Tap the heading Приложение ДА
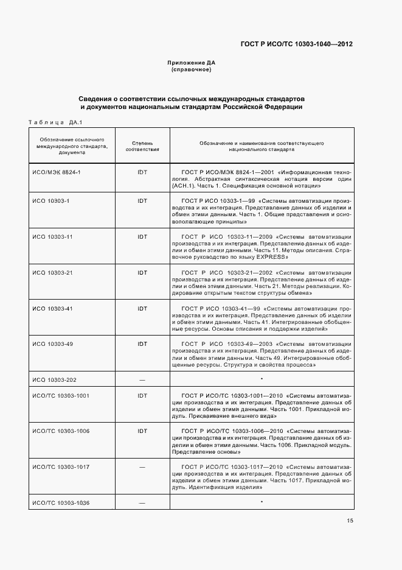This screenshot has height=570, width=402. point(192,63)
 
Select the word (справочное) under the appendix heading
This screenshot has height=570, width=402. point(192,70)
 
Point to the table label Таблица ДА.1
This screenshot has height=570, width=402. point(55,122)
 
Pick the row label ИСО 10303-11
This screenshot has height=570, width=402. point(53,236)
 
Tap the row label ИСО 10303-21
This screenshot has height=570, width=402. point(53,272)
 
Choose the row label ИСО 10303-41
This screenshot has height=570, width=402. point(53,308)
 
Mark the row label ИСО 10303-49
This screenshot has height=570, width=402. point(53,344)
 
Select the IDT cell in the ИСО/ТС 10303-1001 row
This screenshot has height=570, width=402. point(142,396)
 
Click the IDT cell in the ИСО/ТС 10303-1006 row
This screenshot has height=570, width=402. point(142,431)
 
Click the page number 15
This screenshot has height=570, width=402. point(350,521)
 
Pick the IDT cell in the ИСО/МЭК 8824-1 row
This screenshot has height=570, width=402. point(142,172)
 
